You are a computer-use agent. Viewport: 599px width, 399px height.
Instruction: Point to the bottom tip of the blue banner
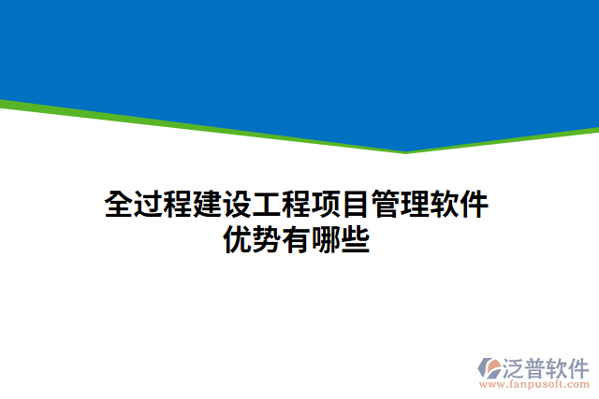click(405, 151)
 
